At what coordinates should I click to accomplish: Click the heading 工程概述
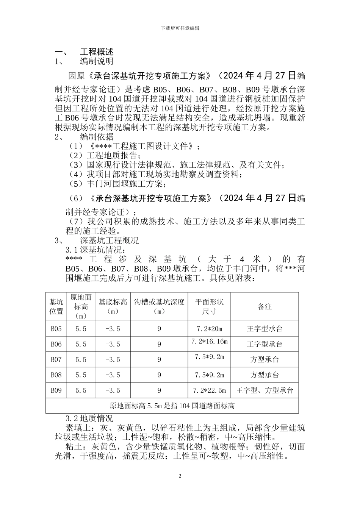(97, 52)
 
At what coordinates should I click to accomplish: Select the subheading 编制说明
(97, 61)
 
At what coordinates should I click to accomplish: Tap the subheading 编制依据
(97, 136)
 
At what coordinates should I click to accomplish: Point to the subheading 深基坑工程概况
(110, 240)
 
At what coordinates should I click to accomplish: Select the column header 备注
(265, 306)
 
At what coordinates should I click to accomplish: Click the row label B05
(56, 329)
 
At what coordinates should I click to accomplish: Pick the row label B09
(56, 390)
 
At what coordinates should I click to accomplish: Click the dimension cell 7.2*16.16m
(210, 342)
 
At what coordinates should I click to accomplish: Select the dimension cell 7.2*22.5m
(210, 390)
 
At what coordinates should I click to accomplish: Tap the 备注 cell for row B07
(265, 360)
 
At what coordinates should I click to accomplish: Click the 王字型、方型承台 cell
(265, 390)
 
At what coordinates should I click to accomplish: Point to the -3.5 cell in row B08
(113, 375)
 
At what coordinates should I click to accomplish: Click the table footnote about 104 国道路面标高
(172, 406)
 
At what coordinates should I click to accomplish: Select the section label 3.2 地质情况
(89, 418)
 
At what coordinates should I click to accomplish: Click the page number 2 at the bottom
(180, 476)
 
